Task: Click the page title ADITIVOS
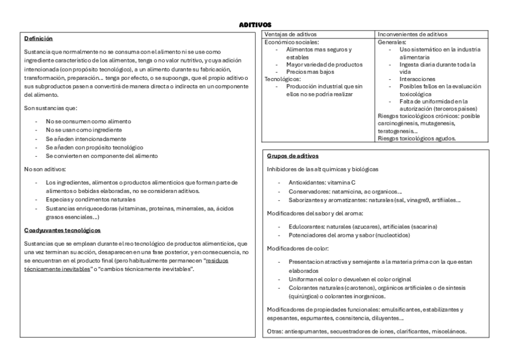point(255,25)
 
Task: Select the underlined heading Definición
point(38,38)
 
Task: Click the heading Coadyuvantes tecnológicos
point(62,230)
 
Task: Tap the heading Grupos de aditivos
point(288,156)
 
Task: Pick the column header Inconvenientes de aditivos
point(412,34)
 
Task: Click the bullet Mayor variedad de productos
point(324,64)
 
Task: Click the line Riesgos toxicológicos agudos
point(416,138)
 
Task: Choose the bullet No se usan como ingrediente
point(84,130)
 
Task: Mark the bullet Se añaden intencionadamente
point(86,138)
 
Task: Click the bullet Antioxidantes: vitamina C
point(322,182)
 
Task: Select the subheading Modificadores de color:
point(297,248)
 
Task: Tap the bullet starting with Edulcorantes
point(363,226)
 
